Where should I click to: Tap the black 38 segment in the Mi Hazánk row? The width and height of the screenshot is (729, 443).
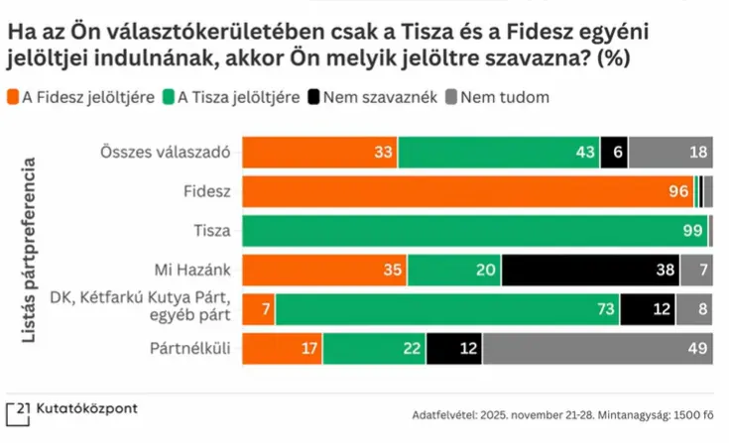coord(590,271)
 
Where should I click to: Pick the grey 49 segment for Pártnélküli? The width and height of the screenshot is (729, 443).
coord(597,348)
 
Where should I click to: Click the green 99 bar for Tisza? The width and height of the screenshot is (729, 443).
coord(475,231)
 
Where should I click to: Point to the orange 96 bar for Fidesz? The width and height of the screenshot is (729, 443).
coord(467,191)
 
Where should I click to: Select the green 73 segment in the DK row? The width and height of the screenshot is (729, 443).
coord(447,309)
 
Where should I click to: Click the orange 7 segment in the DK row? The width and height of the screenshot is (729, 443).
coord(259,309)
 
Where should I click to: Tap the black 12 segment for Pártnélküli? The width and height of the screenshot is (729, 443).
coord(454,348)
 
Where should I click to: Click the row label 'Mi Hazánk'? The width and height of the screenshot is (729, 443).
coord(192,270)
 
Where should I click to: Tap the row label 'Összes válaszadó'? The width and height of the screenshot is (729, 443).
coord(166,152)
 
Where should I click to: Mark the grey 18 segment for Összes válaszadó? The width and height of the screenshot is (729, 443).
coord(670,152)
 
